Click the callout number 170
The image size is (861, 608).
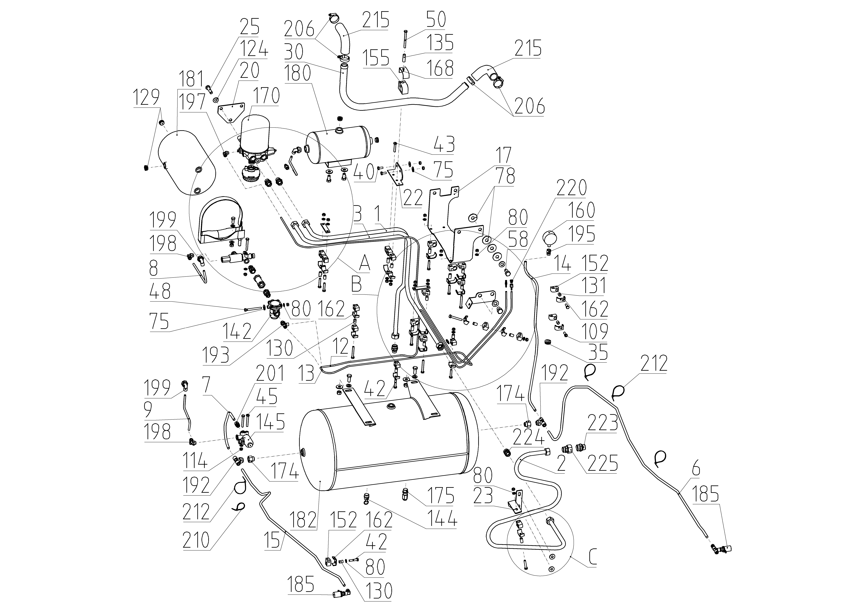tap(266, 96)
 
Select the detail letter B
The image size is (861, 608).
tap(357, 285)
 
